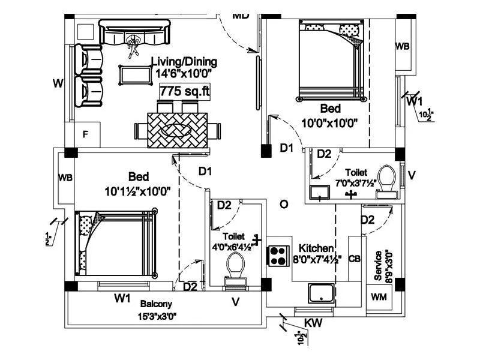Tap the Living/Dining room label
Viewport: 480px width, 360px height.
pos(184,67)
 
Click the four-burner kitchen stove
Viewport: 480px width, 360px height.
pos(278,256)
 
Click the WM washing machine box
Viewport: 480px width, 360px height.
pos(379,297)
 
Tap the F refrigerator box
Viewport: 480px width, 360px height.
pos(86,134)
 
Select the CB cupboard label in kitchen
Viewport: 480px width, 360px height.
pos(355,259)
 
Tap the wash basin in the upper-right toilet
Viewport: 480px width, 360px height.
pos(319,193)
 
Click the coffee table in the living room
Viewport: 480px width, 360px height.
pos(135,75)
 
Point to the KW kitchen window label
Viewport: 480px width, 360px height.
pos(313,323)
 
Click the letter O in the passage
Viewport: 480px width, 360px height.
pos(284,205)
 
